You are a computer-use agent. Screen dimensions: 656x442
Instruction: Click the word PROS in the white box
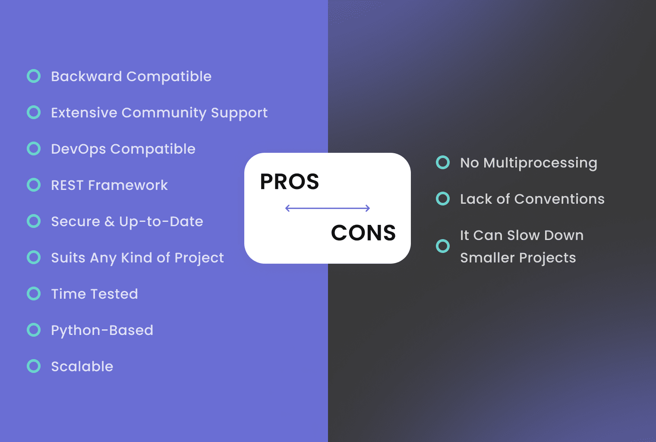(x=289, y=182)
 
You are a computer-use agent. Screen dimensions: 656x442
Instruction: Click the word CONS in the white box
(x=363, y=233)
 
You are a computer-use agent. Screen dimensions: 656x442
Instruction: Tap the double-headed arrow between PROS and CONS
(x=328, y=208)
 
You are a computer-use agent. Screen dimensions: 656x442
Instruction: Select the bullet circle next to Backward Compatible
(x=34, y=76)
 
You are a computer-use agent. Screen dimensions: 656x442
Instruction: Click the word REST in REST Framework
(x=67, y=186)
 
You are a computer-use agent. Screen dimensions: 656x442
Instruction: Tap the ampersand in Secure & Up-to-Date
(x=110, y=222)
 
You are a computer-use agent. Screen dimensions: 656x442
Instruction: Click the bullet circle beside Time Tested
(x=34, y=294)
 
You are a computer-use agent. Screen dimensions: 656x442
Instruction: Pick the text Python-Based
(x=102, y=331)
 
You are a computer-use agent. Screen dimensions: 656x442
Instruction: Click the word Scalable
(x=82, y=366)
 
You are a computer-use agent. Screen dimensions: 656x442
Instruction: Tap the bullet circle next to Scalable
(x=34, y=366)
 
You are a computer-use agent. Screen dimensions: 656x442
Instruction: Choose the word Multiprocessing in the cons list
(x=540, y=163)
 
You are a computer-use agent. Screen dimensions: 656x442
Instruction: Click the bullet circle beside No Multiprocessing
(x=443, y=163)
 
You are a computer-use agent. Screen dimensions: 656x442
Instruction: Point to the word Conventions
(x=559, y=199)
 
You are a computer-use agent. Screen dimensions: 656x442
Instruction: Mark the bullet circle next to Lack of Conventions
(x=443, y=199)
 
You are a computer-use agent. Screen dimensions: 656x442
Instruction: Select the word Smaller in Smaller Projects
(x=487, y=258)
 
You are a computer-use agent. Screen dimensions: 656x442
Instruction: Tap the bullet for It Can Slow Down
(x=443, y=246)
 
